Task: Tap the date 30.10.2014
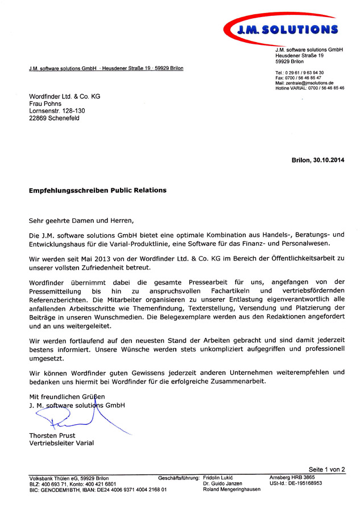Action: [328, 161]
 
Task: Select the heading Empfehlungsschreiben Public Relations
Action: [98, 191]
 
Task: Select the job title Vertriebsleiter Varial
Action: [61, 443]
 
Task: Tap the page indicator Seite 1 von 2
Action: [327, 469]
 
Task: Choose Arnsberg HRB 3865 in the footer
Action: [292, 477]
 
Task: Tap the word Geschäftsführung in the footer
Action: [179, 477]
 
